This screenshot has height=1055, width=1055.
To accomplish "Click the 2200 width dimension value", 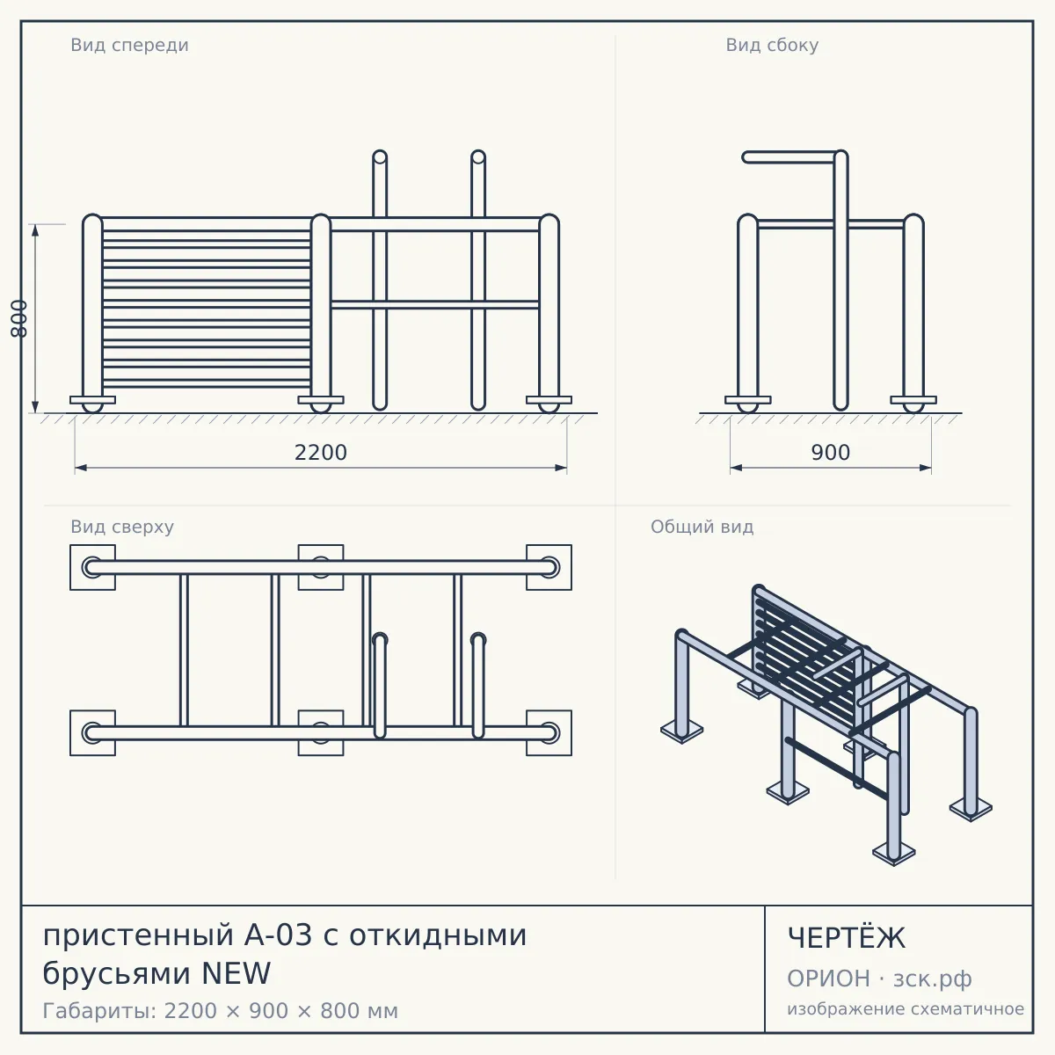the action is point(321,453).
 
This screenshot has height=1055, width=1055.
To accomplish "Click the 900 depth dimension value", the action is point(831,453).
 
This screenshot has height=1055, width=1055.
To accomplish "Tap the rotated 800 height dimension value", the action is point(19,318).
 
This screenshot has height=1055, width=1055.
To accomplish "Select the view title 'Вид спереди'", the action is point(130,45).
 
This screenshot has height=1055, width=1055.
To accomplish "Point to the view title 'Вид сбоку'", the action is point(772,45).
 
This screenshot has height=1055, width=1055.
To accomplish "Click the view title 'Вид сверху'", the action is point(122,527).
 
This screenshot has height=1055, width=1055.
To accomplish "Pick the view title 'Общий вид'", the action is point(702,527).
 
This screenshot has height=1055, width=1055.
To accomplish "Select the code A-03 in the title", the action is point(278,935).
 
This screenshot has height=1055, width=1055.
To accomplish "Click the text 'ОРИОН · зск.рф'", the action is point(879,979).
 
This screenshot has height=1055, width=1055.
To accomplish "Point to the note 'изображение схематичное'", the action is point(906,1008).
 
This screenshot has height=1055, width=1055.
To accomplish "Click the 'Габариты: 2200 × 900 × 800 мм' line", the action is point(220,1011).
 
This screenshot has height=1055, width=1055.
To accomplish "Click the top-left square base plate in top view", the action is point(92,567).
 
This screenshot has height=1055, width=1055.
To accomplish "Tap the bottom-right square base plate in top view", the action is point(549,733).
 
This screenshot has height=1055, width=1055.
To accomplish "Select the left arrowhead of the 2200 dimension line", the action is point(81,468).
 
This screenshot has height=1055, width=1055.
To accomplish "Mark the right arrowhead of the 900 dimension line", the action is point(925,468).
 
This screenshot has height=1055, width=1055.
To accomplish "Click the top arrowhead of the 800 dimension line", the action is point(35,230).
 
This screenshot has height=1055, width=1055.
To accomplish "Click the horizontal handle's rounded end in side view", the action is point(746,157).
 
